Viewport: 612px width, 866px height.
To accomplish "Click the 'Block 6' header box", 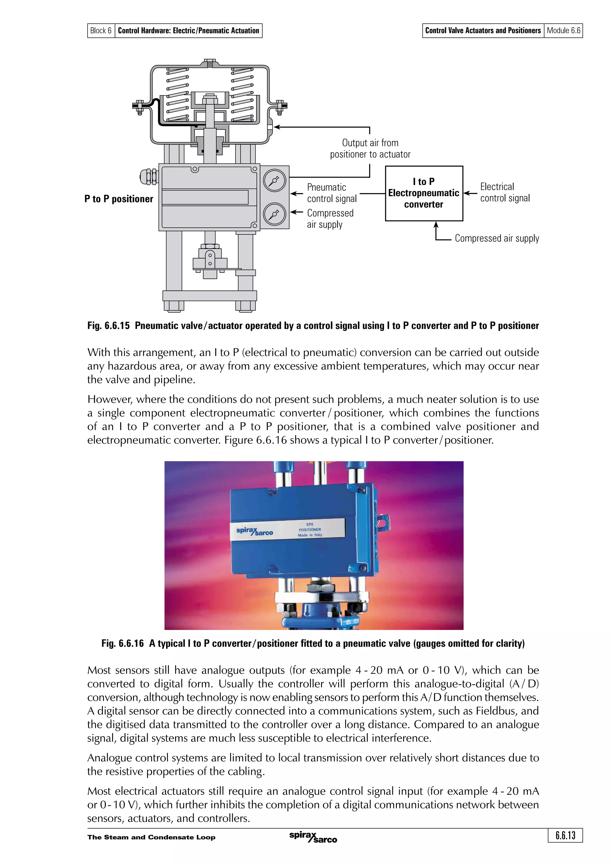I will point(101,30).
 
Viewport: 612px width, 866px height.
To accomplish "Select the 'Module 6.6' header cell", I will point(563,30).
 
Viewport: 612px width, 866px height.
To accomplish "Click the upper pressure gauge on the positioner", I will point(275,181).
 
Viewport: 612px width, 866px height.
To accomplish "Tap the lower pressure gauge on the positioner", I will point(275,215).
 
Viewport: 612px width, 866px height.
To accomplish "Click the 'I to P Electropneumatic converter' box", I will point(423,193).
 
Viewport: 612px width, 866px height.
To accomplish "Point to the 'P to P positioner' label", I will point(119,199).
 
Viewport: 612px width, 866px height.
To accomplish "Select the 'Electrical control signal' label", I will point(504,192).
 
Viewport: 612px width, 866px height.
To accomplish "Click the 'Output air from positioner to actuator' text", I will point(370,149).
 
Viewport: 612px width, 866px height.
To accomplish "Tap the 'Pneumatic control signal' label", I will point(331,193).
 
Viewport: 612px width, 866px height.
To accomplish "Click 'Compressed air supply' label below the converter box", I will point(497,238).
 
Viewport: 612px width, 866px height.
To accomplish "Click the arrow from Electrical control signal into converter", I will point(470,193).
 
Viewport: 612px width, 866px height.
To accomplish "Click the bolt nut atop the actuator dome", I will point(210,62).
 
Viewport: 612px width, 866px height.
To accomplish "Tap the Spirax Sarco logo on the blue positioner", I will point(255,531).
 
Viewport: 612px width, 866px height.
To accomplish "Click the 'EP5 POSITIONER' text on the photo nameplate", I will point(310,527).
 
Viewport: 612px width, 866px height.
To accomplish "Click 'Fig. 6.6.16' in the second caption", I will point(123,643).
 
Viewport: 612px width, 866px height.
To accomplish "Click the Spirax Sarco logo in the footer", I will point(313,837).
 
